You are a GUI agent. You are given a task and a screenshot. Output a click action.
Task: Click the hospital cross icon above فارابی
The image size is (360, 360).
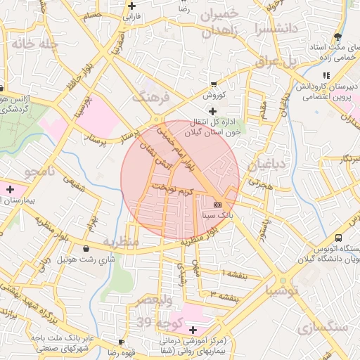pyautogui.click(x=131, y=5)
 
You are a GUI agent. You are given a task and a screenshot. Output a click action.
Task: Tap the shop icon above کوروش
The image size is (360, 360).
pyautogui.click(x=213, y=84)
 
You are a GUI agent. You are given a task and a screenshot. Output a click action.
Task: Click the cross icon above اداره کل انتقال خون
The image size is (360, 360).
pyautogui.click(x=213, y=111)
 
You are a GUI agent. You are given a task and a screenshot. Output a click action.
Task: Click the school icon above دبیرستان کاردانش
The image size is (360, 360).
pyautogui.click(x=326, y=75)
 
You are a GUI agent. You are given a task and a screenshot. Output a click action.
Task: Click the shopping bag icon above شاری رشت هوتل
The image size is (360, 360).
pyautogui.click(x=86, y=249)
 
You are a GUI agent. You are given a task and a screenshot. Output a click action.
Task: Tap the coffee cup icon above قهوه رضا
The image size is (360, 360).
pyautogui.click(x=111, y=343)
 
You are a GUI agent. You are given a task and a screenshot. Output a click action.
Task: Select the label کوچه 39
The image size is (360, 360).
pyautogui.click(x=155, y=322)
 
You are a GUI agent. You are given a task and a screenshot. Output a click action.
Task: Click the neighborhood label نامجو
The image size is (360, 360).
pyautogui.click(x=41, y=172)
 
